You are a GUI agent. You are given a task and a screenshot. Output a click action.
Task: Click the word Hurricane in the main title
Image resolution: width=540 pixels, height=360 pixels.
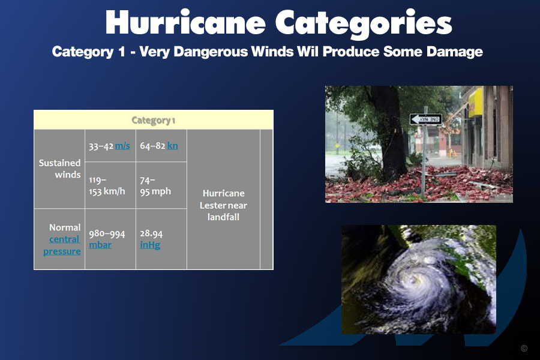185,22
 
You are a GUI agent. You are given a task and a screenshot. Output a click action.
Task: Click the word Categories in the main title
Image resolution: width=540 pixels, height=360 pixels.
364,23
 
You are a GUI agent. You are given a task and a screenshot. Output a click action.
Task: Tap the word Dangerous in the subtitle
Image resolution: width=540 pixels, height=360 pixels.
211,52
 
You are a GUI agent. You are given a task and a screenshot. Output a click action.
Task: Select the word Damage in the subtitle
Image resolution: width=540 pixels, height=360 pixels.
455,52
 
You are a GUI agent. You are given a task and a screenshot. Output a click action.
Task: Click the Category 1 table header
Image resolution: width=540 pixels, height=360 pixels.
153,120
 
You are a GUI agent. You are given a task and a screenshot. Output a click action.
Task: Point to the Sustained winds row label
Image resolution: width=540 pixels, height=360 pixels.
59,169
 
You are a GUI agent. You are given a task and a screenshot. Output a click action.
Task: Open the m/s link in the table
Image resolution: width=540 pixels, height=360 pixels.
122,146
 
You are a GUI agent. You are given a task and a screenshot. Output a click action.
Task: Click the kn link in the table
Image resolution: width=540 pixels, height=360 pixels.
173,146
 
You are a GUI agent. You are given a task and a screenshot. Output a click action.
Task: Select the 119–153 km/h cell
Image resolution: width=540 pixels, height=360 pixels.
107,185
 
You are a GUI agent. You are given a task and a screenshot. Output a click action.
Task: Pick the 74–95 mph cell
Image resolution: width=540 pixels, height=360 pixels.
155,185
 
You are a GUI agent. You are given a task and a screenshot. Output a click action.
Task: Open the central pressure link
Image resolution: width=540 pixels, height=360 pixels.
62,245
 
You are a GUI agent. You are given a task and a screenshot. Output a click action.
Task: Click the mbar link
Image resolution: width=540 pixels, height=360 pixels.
100,245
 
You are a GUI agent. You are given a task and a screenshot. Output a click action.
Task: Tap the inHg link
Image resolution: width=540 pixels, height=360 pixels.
150,245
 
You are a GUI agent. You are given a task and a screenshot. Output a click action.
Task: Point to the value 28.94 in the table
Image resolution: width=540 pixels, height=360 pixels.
151,233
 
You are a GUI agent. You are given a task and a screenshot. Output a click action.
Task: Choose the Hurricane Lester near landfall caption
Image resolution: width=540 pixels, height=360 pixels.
224,205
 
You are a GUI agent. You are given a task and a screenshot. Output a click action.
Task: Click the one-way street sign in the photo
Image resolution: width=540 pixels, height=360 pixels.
425,119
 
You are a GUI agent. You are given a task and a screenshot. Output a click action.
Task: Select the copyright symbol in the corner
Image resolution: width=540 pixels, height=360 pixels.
524,348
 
